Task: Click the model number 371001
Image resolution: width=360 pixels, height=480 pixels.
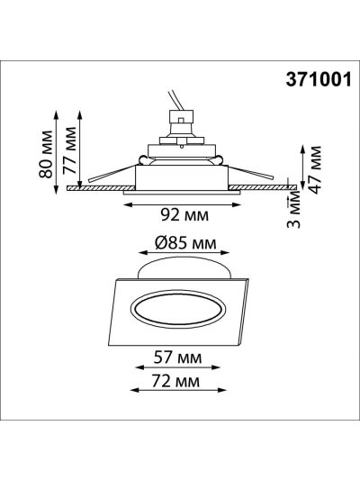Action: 319,80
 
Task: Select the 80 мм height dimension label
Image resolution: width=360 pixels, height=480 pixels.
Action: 46,154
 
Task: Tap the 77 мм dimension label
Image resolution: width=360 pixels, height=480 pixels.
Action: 69,150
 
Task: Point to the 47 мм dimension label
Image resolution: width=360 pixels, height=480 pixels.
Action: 315,169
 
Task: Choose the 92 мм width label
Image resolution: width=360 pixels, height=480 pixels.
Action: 184,215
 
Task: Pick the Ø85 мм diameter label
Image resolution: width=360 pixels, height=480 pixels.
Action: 185,243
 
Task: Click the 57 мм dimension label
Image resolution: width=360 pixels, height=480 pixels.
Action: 177,358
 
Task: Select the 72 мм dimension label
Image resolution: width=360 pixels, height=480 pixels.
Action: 175,382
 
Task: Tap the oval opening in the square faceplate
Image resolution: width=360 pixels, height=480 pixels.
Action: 178,309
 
